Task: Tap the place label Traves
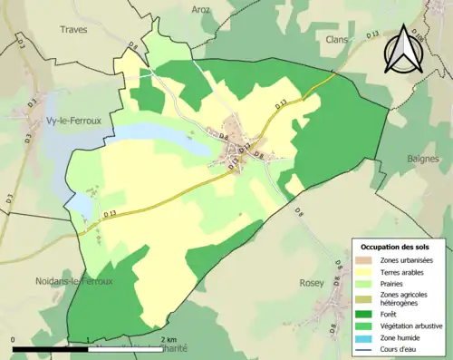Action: click(73, 29)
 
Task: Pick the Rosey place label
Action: click(313, 282)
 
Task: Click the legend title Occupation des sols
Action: click(398, 247)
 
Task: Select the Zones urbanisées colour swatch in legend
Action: click(366, 260)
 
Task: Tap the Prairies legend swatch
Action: click(366, 283)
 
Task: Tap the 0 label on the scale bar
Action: click(14, 340)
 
